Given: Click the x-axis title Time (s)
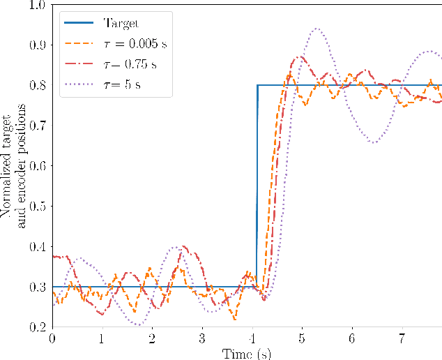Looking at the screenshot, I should [x=247, y=353].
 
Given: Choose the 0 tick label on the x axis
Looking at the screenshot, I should [x=52, y=338].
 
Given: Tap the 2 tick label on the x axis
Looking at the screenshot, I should [x=152, y=338].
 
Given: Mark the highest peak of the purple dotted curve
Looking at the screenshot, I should [x=317, y=29].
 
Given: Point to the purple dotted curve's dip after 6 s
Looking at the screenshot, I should [x=374, y=143].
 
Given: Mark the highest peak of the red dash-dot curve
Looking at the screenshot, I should [x=300, y=57].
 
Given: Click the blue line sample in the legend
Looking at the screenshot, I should [x=78, y=24].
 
